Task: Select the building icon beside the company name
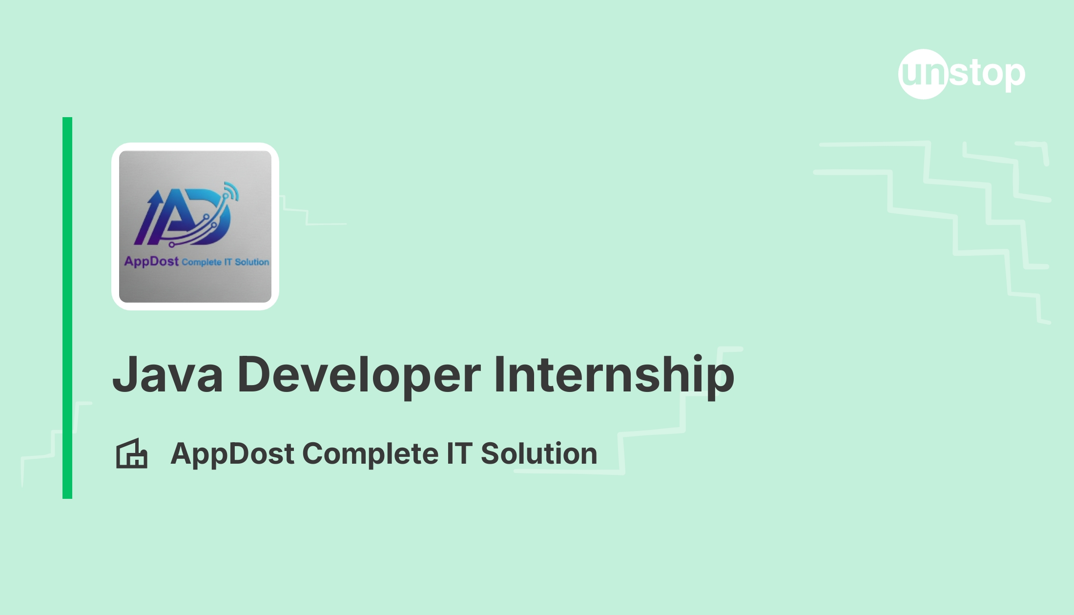coord(132,453)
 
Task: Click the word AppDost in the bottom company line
coord(232,454)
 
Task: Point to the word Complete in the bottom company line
coord(371,454)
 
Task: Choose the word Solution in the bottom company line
coord(539,453)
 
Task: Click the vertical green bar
coord(67,308)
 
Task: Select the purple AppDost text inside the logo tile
coord(151,262)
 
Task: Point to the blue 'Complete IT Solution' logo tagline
coord(226,262)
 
